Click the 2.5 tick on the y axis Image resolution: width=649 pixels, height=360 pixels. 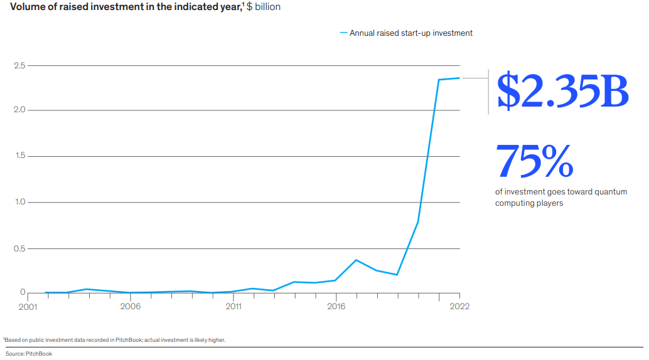coord(18,66)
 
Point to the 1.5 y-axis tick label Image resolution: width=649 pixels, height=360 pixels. coord(18,156)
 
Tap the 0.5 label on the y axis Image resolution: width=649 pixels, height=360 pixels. coord(18,248)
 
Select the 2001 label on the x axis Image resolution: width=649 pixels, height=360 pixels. coord(28,307)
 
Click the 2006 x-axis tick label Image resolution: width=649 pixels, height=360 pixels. coord(130,307)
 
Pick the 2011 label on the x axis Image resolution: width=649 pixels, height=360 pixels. coord(233,307)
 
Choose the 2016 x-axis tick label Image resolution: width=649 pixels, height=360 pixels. coord(336,307)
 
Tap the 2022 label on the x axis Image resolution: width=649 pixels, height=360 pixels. coord(459,307)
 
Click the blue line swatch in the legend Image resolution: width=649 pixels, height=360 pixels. coord(343,33)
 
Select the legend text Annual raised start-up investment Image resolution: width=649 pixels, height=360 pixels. coord(410,33)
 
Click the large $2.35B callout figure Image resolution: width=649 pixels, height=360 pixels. coord(562,92)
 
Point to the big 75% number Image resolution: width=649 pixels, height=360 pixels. coord(534,161)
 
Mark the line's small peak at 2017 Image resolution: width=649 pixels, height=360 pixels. coord(357,260)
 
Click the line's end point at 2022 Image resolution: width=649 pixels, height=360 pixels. coord(459,78)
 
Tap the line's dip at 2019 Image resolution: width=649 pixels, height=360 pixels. coord(397,275)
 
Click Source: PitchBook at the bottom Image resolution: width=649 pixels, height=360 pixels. coord(29,354)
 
